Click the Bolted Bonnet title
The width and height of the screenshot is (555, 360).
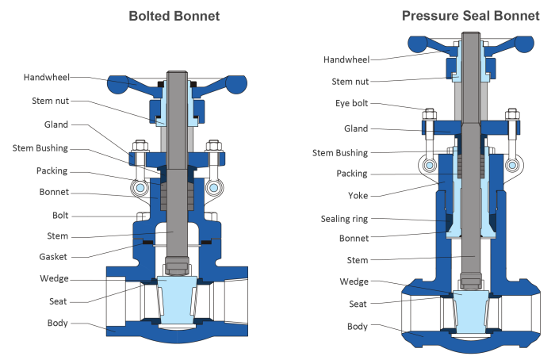point(174,16)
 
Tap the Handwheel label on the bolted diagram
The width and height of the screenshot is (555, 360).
point(46,78)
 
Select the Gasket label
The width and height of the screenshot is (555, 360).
point(53,256)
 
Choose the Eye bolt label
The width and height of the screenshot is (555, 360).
point(352,104)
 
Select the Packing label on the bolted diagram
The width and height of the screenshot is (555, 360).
point(52,170)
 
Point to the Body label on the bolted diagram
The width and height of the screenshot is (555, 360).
point(57,323)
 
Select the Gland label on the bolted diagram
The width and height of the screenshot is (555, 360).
point(56,124)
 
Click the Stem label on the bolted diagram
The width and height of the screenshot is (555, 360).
point(57,236)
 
